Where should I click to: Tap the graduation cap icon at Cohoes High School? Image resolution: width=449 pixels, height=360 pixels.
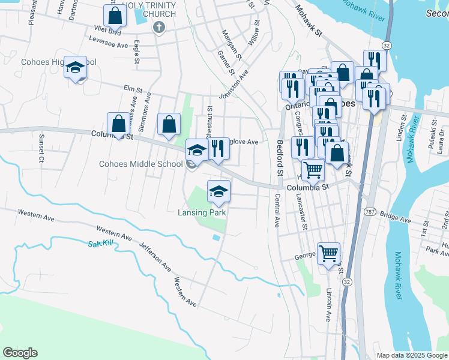tap(76, 67)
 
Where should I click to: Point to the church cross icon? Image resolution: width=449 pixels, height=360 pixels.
tap(158, 27)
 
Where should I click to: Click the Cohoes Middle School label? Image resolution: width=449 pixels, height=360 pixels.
tap(141, 164)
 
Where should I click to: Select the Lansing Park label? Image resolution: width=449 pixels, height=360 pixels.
tap(201, 212)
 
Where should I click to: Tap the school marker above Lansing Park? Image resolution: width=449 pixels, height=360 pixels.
tap(218, 191)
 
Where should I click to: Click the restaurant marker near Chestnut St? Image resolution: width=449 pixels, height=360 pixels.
tap(218, 148)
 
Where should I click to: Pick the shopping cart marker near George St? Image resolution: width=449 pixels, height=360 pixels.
tap(328, 254)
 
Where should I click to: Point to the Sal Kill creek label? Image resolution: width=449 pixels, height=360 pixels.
tap(100, 243)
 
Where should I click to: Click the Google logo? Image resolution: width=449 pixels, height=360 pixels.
tap(20, 353)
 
